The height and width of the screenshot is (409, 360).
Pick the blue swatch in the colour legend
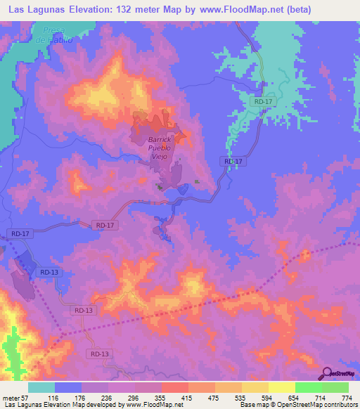[x=68, y=387]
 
